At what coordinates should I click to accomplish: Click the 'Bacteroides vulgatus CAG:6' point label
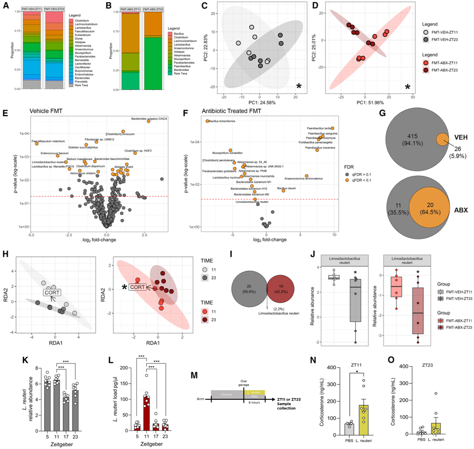148,119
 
